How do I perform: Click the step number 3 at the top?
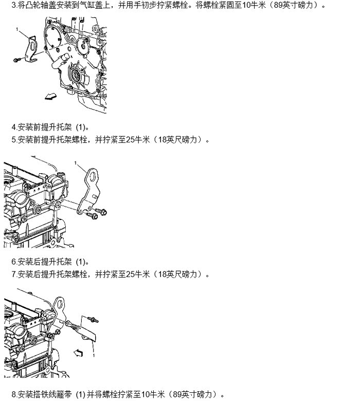point(14,5)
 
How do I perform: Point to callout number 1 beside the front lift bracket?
point(17,29)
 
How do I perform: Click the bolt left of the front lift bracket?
point(17,60)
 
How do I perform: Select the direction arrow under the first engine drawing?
point(50,96)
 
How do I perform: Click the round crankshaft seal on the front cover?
point(76,75)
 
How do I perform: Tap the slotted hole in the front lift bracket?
point(31,47)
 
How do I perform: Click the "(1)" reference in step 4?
point(81,127)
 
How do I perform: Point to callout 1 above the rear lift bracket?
point(75,163)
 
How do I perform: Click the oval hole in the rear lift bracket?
point(93,176)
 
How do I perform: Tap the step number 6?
point(14,262)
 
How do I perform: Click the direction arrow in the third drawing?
point(78,353)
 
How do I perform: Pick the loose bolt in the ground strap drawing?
point(93,320)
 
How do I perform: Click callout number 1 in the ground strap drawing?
point(94,355)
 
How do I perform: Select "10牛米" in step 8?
point(153,394)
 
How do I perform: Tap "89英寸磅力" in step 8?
point(193,394)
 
